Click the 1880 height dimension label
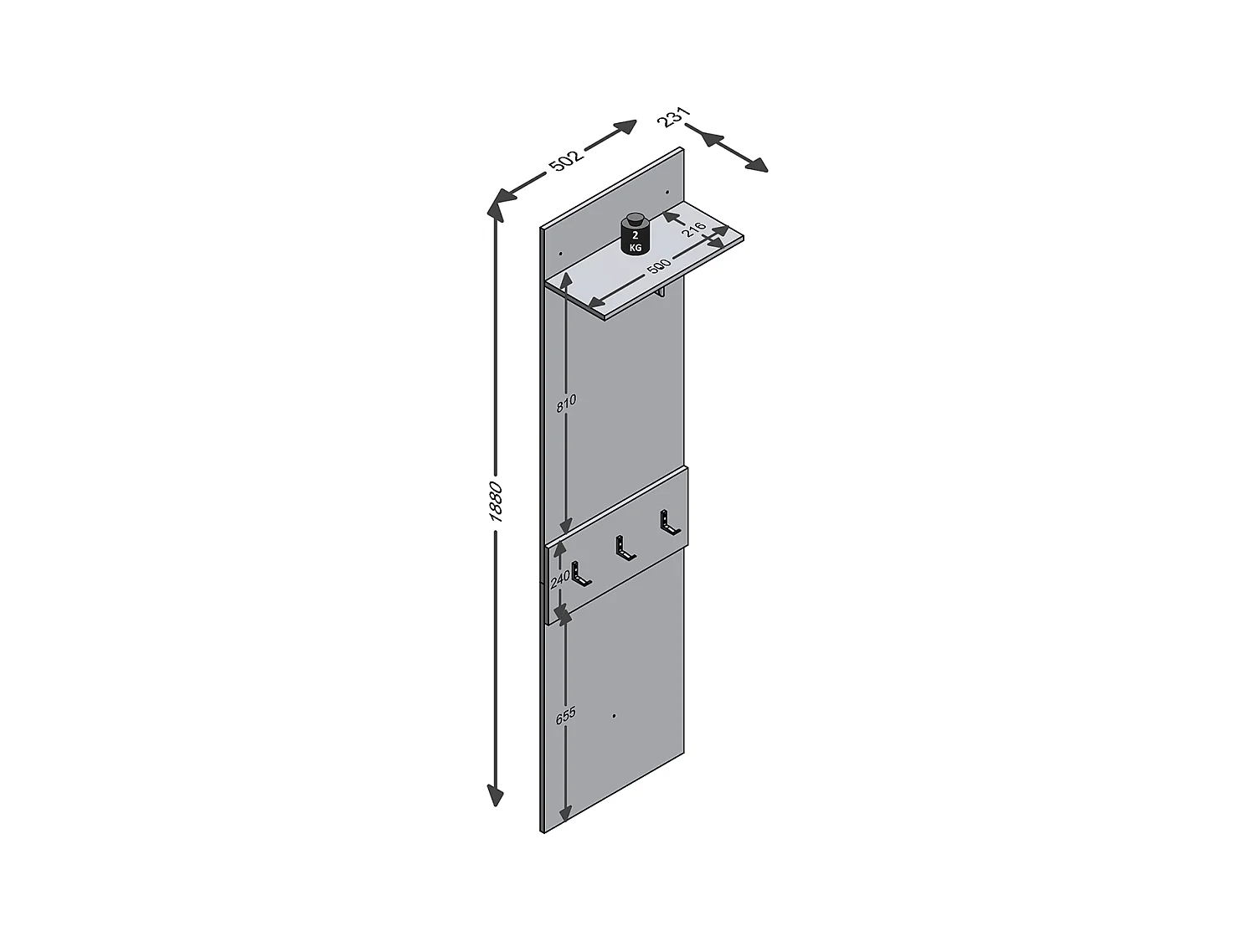coord(496,502)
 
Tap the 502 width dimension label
coord(565,160)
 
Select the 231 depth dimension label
coord(673,117)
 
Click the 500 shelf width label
coord(659,268)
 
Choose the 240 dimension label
coord(560,576)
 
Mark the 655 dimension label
coord(566,716)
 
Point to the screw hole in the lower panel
coord(614,716)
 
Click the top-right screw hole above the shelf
coord(667,193)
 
